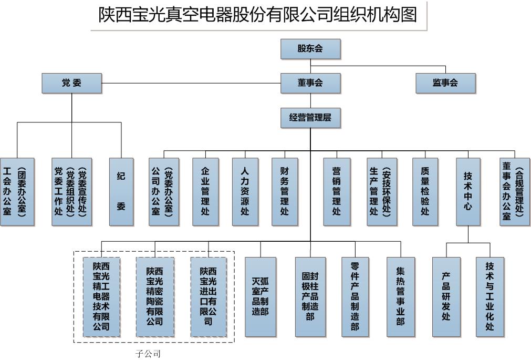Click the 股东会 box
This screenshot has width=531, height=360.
310,49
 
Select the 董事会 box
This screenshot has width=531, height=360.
310,83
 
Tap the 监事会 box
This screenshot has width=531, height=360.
445,83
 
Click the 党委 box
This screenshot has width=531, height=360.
71,83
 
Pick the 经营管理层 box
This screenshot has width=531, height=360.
310,118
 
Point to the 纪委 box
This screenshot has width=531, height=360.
121,192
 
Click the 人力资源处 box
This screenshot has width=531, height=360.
245,192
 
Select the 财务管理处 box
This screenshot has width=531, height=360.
285,192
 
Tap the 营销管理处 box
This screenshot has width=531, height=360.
337,192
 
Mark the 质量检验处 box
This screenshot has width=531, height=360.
425,192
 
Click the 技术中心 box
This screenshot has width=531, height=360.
468,192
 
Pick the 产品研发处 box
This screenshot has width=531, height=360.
446,296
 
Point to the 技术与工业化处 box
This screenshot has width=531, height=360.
490,296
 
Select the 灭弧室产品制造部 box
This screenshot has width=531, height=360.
260,296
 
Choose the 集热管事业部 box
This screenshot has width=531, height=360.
400,296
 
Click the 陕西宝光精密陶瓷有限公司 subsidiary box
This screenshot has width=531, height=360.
154,296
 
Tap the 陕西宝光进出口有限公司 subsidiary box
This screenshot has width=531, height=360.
208,296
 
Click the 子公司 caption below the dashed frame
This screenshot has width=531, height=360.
148,354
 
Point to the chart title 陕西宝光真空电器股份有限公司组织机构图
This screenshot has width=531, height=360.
258,15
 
